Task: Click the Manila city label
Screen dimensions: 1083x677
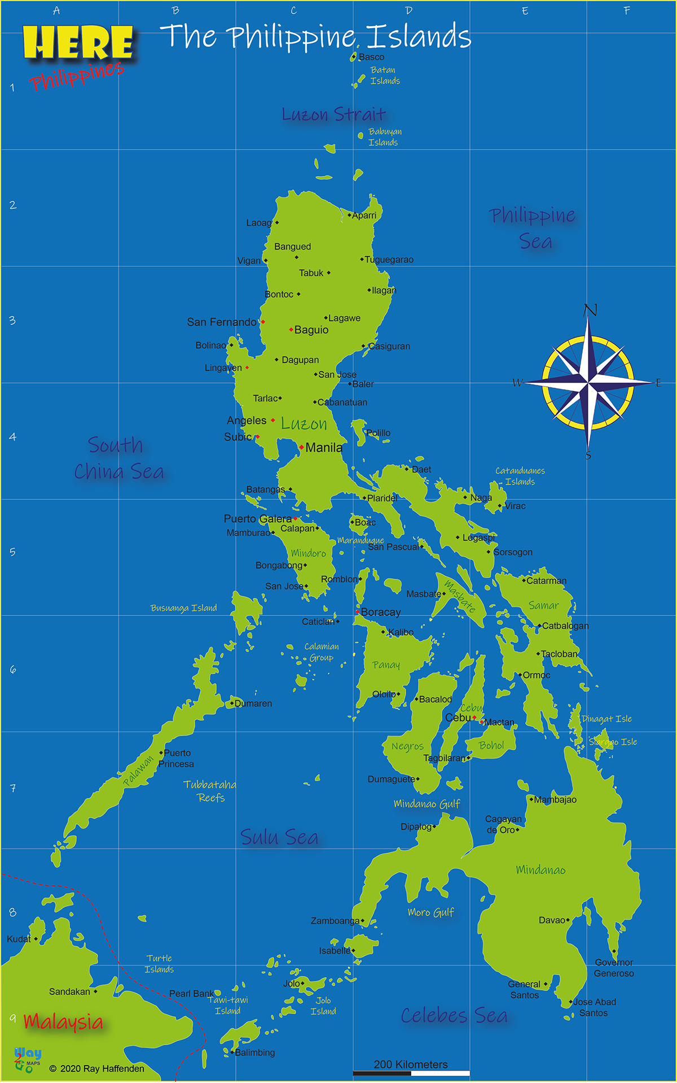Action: (324, 448)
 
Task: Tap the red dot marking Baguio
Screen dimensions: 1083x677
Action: (291, 329)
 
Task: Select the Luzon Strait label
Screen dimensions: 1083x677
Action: (334, 115)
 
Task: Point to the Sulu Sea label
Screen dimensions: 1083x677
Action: (279, 838)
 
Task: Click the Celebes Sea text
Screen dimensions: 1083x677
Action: (454, 1016)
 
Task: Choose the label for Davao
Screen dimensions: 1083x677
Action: (552, 920)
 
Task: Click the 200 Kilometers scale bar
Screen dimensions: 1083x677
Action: (411, 1073)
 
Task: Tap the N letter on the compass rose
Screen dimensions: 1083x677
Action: (590, 310)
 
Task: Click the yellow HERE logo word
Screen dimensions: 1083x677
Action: (78, 43)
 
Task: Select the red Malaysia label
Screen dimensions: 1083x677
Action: (63, 1022)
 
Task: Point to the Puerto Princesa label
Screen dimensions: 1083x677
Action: (177, 759)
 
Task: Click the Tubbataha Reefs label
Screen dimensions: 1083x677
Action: (210, 791)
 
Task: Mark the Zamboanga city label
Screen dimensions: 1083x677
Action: (335, 921)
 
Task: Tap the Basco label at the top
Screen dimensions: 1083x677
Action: (371, 57)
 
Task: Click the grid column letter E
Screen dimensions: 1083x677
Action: (525, 11)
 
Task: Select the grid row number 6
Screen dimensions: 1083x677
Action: (12, 670)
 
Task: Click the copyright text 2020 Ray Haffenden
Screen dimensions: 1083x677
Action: (96, 1069)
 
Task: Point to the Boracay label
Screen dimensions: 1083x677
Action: (381, 612)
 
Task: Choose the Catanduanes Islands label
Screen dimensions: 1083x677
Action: (520, 476)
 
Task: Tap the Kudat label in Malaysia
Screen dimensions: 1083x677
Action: (19, 939)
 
